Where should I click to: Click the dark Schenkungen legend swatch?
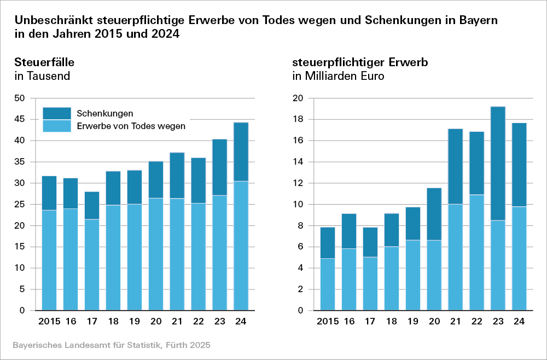pyautogui.click(x=57, y=113)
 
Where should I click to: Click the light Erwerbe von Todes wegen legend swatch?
pyautogui.click(x=57, y=126)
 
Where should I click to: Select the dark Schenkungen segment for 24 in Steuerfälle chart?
pyautogui.click(x=241, y=152)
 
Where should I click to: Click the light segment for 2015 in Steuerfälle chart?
pyautogui.click(x=49, y=260)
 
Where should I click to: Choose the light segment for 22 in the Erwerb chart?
pyautogui.click(x=476, y=252)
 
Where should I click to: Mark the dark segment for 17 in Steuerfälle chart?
pyautogui.click(x=91, y=205)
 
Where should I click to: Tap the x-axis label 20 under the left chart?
pyautogui.click(x=155, y=322)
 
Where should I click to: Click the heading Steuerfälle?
pyautogui.click(x=44, y=62)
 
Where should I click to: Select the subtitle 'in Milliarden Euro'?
pyautogui.click(x=338, y=76)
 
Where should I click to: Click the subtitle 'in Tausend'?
pyautogui.click(x=42, y=76)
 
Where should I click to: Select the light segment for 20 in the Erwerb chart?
pyautogui.click(x=434, y=275)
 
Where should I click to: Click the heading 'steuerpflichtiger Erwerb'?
pyautogui.click(x=360, y=62)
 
